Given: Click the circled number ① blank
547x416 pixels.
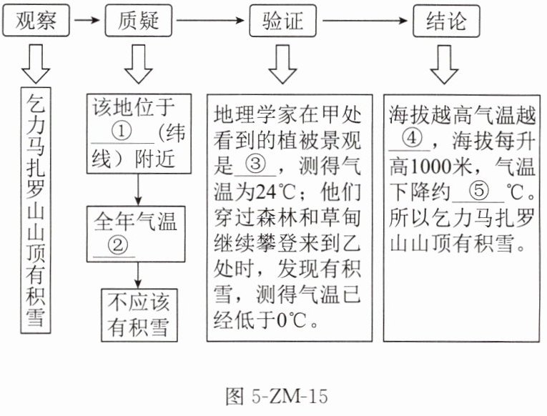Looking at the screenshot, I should (123, 133).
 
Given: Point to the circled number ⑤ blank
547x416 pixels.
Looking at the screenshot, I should (481, 191).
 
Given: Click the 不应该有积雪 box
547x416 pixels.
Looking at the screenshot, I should (139, 315).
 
